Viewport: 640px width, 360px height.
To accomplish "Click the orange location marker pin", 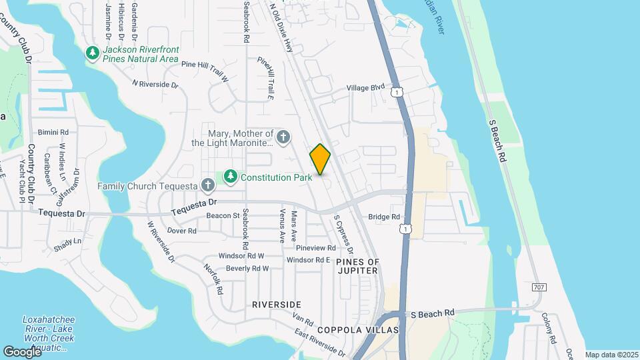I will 321,159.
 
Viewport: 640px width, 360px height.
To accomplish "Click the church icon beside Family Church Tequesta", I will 207,185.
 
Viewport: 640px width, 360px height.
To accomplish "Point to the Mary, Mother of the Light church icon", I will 283,137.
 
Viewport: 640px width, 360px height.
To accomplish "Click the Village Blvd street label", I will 366,87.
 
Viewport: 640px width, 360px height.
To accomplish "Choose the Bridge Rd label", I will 384,217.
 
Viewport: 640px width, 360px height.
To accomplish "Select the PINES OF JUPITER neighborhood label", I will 357,266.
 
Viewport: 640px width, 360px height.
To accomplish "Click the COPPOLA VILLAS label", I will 357,330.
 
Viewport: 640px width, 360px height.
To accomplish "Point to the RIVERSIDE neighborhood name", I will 277,304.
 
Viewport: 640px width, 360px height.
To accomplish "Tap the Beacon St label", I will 223,215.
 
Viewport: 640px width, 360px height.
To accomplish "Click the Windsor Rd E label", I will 309,260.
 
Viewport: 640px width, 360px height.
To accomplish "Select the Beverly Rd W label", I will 247,269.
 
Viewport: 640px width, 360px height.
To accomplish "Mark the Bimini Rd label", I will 53,133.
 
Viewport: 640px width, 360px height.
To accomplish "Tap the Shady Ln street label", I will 67,241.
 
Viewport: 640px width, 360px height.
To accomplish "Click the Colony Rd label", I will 549,328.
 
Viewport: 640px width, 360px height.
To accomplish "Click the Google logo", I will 21,351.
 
